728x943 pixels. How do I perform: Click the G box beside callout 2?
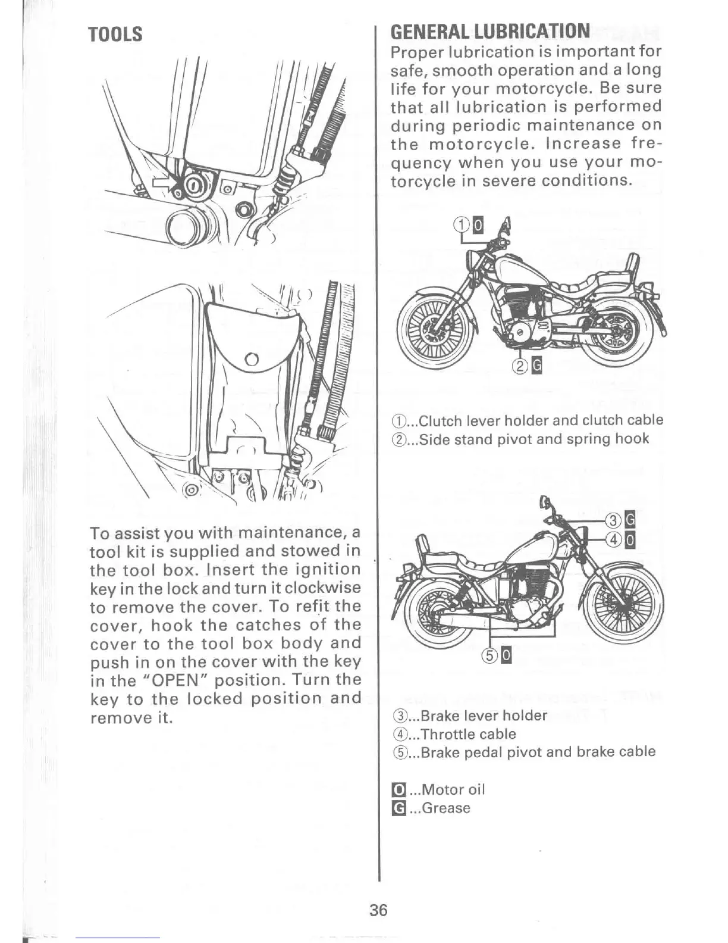(x=535, y=366)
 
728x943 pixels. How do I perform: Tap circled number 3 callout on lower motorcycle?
(x=613, y=520)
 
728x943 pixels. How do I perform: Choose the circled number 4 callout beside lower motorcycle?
(x=613, y=539)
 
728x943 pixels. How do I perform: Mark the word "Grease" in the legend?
(x=446, y=808)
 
